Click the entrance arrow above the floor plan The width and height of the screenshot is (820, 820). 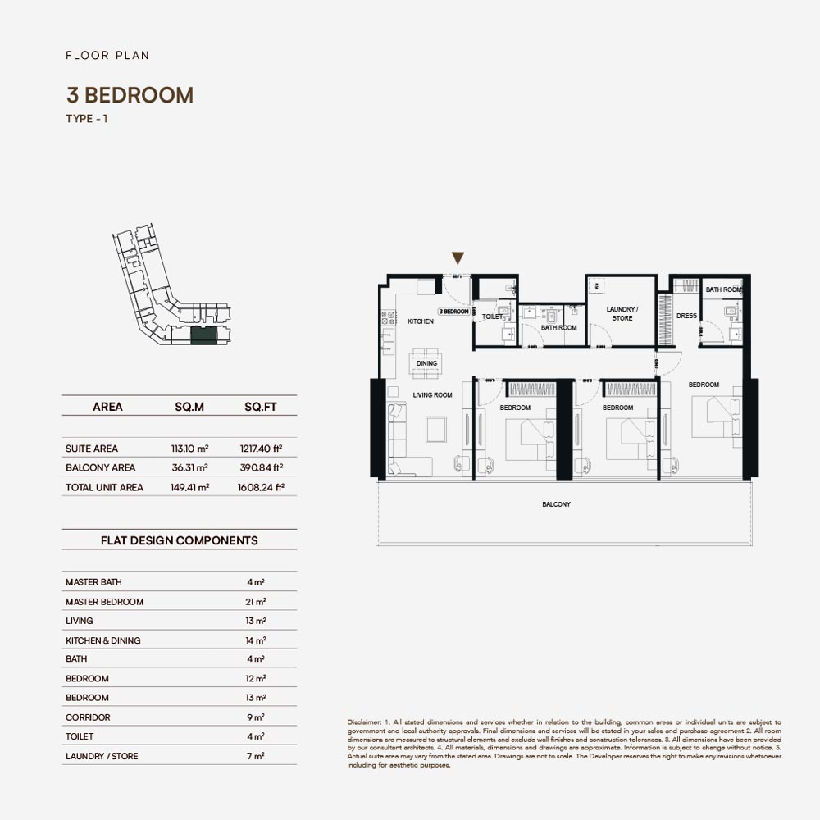(x=458, y=258)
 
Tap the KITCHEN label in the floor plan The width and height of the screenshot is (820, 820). (x=421, y=321)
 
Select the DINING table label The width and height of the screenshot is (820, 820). (x=426, y=363)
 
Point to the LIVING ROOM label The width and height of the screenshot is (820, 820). (x=432, y=395)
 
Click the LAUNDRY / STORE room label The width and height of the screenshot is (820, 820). (x=622, y=314)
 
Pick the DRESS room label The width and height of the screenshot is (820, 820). (x=686, y=316)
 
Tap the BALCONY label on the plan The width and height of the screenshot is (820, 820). (x=556, y=504)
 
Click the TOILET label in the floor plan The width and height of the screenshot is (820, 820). (x=492, y=317)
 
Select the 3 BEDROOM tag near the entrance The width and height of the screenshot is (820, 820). (x=453, y=312)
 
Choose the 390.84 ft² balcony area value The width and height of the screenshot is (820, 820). (x=262, y=467)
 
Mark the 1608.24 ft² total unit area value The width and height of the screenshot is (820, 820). (x=262, y=487)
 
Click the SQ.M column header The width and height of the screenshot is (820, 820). (x=189, y=407)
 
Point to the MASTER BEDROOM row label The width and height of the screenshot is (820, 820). (x=104, y=602)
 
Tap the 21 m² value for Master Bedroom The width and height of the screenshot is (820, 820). (x=256, y=602)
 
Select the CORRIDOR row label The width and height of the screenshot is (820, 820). (x=88, y=717)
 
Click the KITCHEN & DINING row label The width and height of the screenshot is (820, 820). (x=102, y=640)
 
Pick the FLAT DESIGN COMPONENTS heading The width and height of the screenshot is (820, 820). (x=179, y=540)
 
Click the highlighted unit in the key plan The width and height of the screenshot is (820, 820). (x=203, y=335)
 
